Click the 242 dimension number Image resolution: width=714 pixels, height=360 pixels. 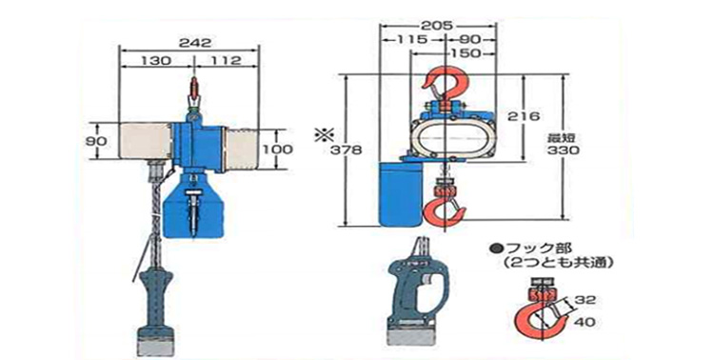point(194,42)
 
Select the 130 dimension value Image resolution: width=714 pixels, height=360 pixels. point(156,60)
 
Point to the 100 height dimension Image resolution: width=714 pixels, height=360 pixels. point(277,149)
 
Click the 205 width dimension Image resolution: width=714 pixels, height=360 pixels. point(436,25)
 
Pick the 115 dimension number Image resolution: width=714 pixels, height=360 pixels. point(411,39)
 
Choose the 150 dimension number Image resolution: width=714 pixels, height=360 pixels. point(465,53)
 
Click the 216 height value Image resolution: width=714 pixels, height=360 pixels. point(524,116)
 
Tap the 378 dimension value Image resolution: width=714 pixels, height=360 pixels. point(345,150)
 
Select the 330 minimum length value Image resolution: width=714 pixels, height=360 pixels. point(564,150)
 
